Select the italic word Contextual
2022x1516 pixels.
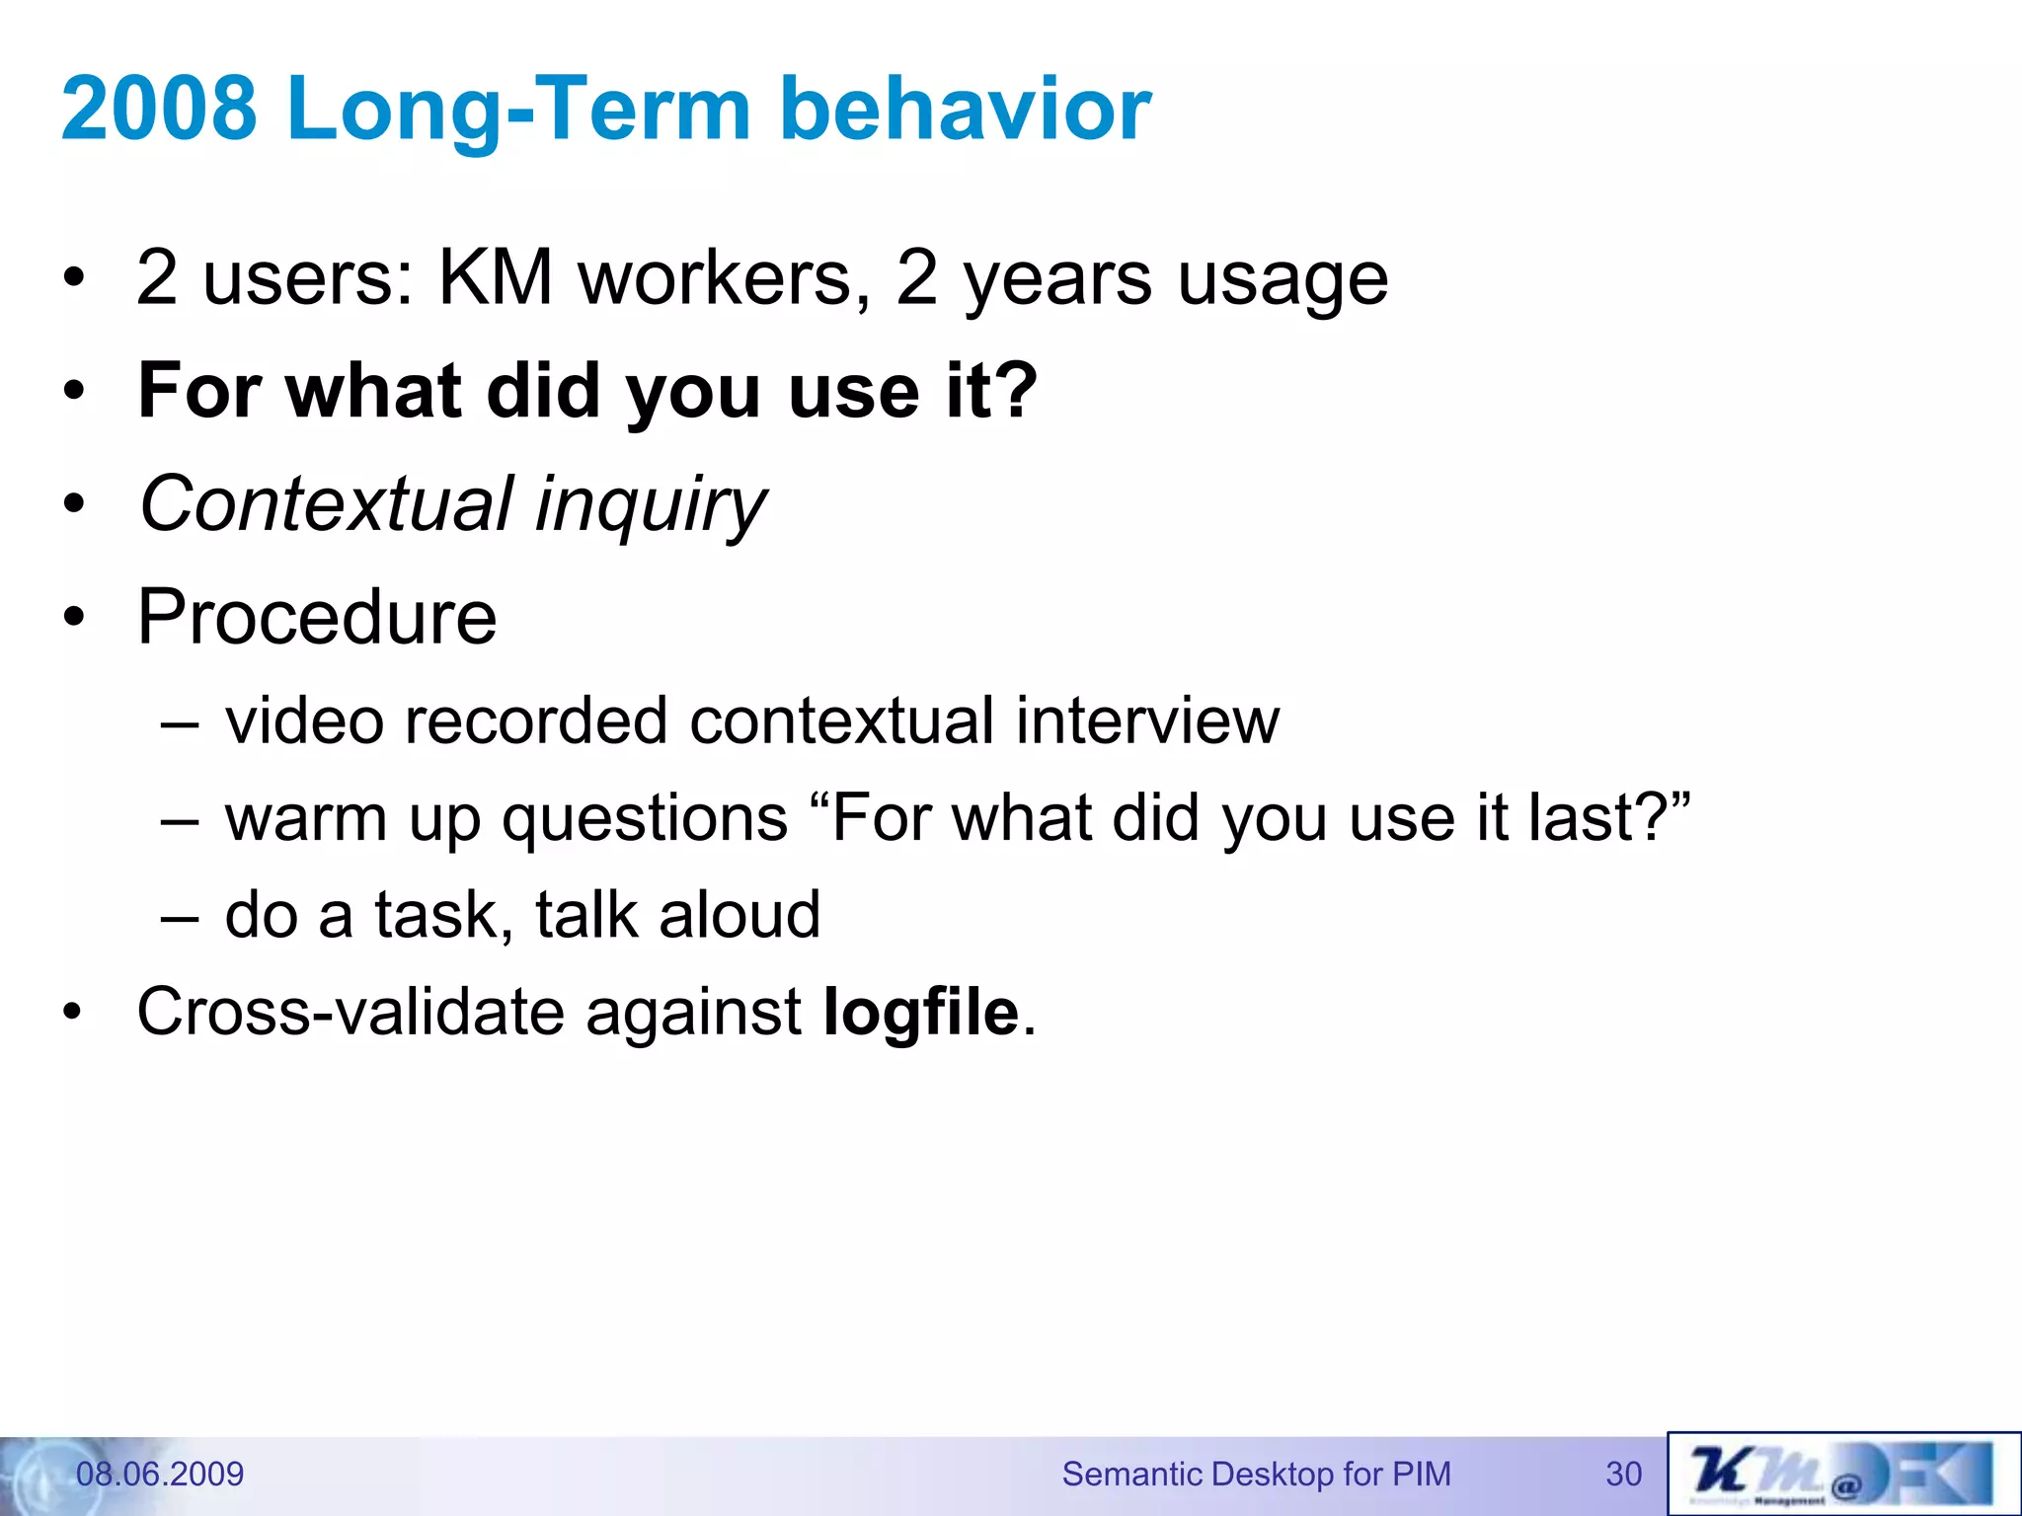327,503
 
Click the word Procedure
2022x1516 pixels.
316,617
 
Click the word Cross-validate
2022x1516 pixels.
352,1012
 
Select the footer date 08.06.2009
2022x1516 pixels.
160,1474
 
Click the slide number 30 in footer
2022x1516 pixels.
1623,1474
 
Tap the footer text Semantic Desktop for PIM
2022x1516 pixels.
1256,1474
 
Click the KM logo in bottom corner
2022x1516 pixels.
1842,1475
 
